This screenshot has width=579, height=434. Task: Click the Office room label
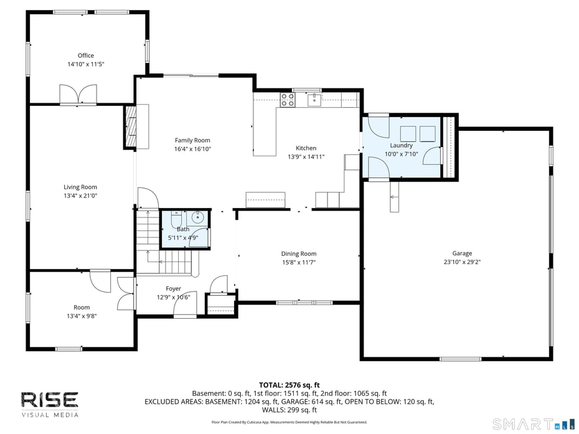point(86,55)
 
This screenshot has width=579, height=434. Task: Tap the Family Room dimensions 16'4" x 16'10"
point(192,149)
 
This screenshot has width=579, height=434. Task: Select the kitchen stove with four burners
point(287,100)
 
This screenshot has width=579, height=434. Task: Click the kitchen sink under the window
point(315,99)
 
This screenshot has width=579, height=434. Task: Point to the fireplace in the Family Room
point(131,126)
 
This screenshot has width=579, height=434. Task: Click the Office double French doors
point(78,95)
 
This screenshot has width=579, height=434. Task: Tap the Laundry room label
point(401,145)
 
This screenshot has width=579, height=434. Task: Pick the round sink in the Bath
point(197,218)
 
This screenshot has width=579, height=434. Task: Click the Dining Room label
point(299,253)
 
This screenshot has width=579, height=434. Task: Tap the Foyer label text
point(173,288)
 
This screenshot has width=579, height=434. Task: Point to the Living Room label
point(80,187)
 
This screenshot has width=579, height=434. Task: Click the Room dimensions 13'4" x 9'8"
point(82,316)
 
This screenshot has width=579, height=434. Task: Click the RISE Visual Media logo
point(50,403)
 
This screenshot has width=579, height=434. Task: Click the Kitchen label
point(306,148)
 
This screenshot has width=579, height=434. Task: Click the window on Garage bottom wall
point(460,359)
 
